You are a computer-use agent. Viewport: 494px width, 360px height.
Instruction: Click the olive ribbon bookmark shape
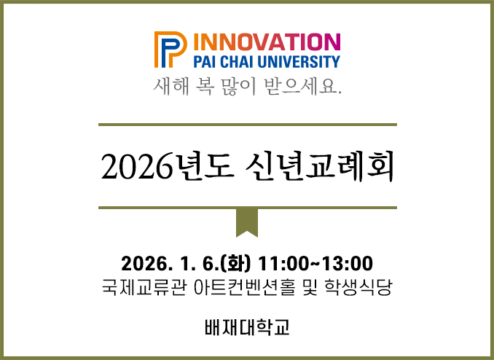247,222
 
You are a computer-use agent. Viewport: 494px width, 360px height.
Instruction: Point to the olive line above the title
247,125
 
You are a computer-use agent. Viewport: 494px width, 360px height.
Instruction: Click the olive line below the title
247,208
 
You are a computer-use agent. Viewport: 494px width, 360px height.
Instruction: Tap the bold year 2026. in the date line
146,262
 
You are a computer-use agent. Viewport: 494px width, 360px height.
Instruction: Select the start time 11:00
281,262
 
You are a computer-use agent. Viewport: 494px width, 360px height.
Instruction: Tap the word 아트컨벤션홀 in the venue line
245,286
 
